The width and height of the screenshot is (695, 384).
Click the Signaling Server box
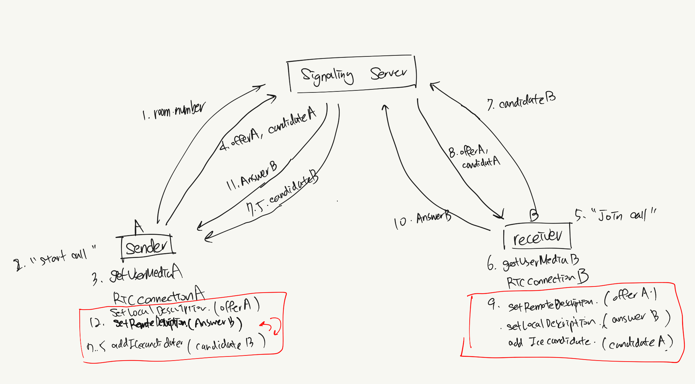[352, 74]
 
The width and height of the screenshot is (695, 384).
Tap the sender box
[147, 247]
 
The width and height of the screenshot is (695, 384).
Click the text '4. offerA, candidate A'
[268, 129]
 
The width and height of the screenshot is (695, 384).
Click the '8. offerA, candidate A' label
[474, 157]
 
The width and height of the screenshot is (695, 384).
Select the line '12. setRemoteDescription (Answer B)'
[166, 323]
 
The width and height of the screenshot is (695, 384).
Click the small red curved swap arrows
[271, 326]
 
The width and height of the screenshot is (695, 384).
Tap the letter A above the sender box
[138, 227]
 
